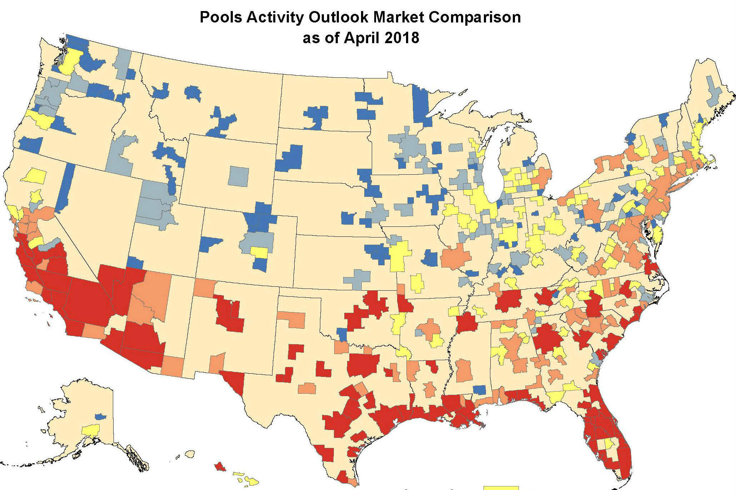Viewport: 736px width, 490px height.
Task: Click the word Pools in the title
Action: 220,17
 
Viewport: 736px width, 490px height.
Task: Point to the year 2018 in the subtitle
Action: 402,38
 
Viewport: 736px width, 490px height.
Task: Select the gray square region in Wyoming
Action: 238,176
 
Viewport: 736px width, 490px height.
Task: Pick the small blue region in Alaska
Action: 100,416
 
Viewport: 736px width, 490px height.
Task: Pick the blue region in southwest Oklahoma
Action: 342,334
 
